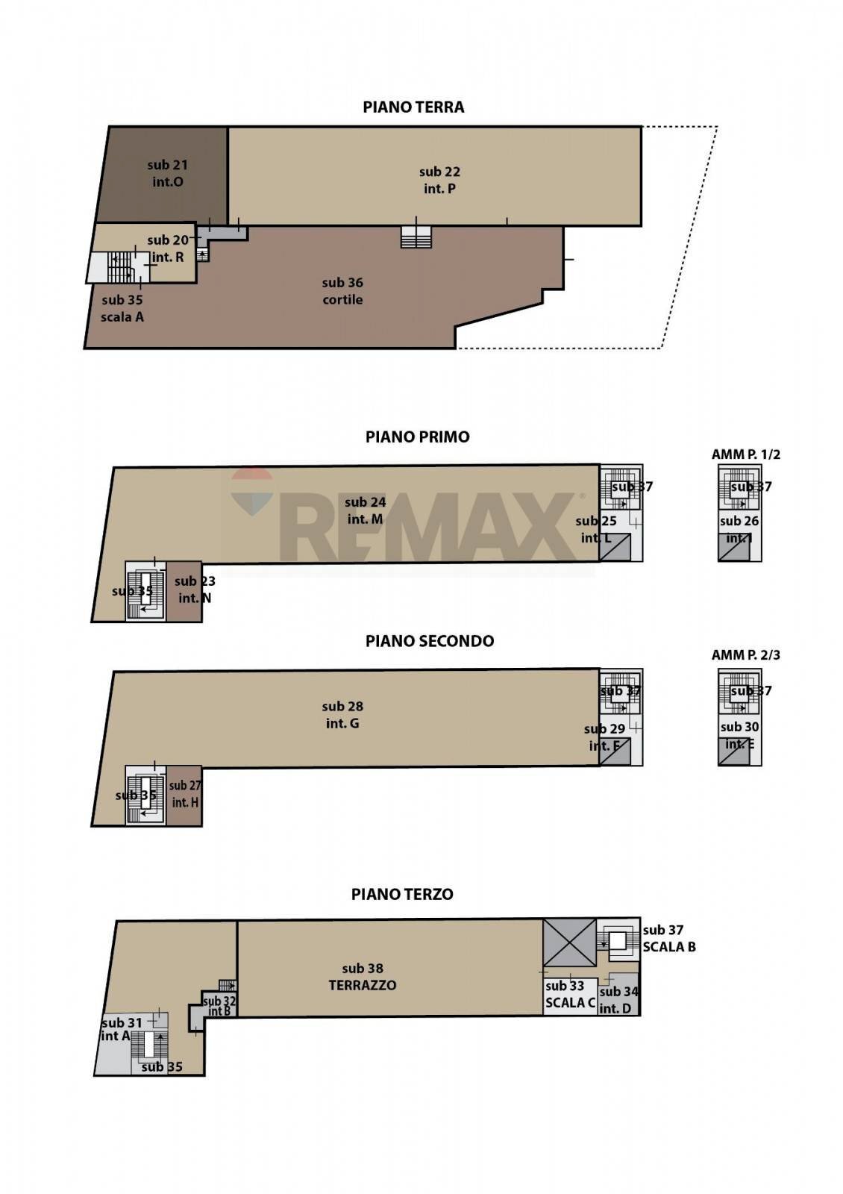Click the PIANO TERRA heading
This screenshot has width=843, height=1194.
[413, 107]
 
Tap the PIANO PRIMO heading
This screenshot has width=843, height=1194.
[417, 437]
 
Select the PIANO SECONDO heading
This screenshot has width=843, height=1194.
[429, 641]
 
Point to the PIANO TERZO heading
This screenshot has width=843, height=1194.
[402, 894]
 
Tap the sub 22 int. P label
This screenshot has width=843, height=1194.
[439, 181]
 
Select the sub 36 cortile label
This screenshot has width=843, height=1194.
[342, 291]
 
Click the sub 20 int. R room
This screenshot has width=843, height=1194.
[168, 249]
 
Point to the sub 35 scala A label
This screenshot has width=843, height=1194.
[122, 308]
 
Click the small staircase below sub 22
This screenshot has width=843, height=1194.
[416, 237]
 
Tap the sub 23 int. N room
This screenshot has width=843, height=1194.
[184, 590]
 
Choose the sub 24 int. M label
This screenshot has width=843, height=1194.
[365, 511]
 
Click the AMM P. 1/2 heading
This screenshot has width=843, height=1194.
[745, 454]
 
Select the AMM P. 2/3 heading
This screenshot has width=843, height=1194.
[745, 655]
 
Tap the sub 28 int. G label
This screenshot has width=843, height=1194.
[342, 715]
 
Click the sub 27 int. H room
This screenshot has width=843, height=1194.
[184, 795]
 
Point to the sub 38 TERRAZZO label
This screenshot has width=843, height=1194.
[363, 977]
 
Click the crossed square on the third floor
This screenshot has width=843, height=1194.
[569, 943]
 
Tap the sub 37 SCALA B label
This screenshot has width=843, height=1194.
[668, 939]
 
